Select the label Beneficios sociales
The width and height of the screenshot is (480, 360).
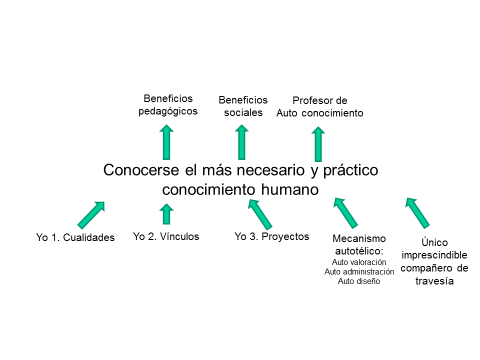coord(243,105)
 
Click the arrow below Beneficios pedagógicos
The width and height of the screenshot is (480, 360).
coord(167,142)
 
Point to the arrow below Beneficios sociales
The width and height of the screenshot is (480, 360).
coord(242,142)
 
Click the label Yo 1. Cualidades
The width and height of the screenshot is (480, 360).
coord(75,237)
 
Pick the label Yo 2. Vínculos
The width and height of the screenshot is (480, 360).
coord(166,236)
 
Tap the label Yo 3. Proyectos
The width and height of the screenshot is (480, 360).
coord(272,236)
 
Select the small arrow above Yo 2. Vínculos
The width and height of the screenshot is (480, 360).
coord(167,212)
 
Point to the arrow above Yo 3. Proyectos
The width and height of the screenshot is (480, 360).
coord(260,213)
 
